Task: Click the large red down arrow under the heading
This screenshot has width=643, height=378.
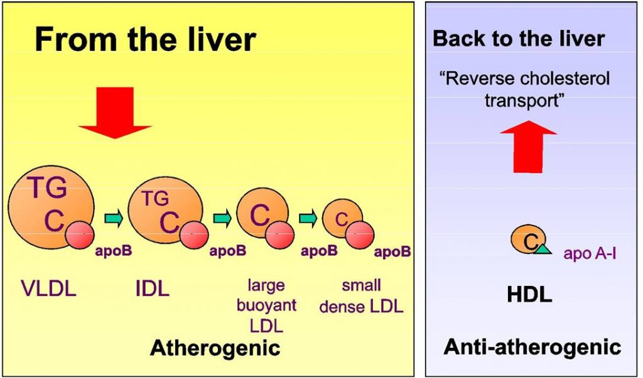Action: (x=115, y=112)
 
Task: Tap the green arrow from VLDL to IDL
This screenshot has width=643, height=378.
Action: (x=114, y=218)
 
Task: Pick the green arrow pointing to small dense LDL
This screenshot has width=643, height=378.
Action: (x=308, y=218)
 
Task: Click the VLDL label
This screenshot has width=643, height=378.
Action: (x=48, y=289)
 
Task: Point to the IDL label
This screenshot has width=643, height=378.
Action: (x=152, y=289)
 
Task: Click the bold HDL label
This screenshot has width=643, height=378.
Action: (x=529, y=294)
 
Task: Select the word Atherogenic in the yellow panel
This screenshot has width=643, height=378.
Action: (x=214, y=347)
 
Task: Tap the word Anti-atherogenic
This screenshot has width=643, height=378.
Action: (x=532, y=347)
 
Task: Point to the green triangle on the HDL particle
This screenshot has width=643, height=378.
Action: (x=542, y=249)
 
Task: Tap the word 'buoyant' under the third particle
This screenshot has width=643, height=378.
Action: (x=266, y=307)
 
